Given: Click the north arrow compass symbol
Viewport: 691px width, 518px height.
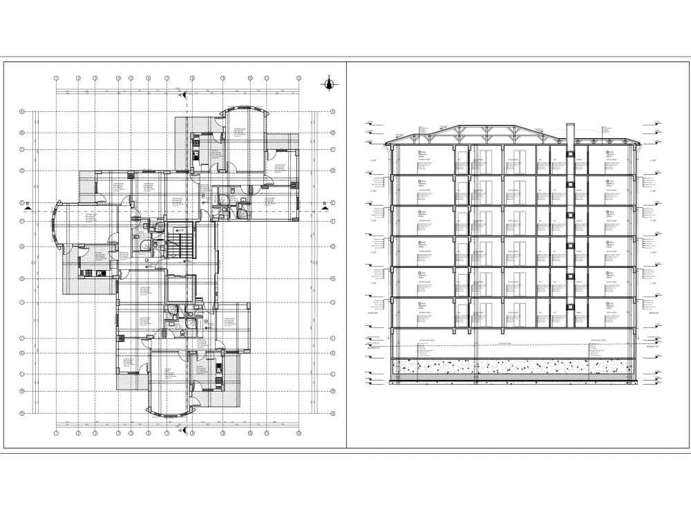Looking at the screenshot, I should [330, 84].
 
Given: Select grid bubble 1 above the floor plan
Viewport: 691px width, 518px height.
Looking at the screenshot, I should [56, 79].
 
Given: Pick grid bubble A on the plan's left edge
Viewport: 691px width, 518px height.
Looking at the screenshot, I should [22, 111].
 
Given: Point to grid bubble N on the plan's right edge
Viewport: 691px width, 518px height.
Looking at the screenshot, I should [332, 414].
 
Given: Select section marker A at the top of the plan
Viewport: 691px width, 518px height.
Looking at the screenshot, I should [183, 90].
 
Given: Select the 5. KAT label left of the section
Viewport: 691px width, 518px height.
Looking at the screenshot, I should [372, 160].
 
